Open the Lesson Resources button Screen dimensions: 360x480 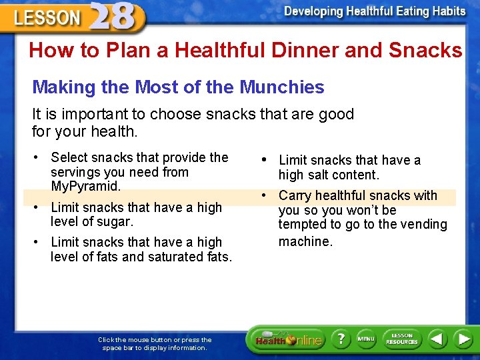coord(402,339)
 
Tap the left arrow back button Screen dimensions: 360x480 coord(437,339)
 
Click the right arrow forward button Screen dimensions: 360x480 coord(463,339)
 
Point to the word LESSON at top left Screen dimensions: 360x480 coord(47,18)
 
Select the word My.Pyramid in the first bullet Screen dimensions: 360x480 coord(85,186)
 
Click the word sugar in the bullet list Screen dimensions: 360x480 coord(115,221)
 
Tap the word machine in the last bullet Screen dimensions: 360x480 coord(305,241)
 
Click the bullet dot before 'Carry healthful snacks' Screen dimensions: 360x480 coord(265,195)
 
